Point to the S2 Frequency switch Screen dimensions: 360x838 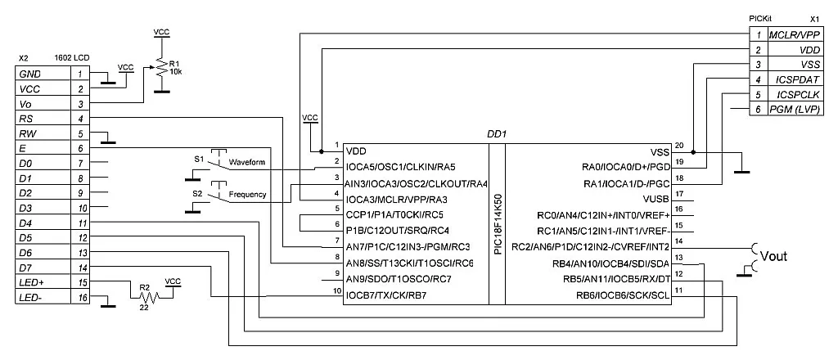click(x=217, y=195)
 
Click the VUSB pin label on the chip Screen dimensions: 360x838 click(x=656, y=199)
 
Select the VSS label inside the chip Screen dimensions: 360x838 click(x=660, y=152)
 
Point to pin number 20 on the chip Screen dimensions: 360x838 click(x=678, y=144)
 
